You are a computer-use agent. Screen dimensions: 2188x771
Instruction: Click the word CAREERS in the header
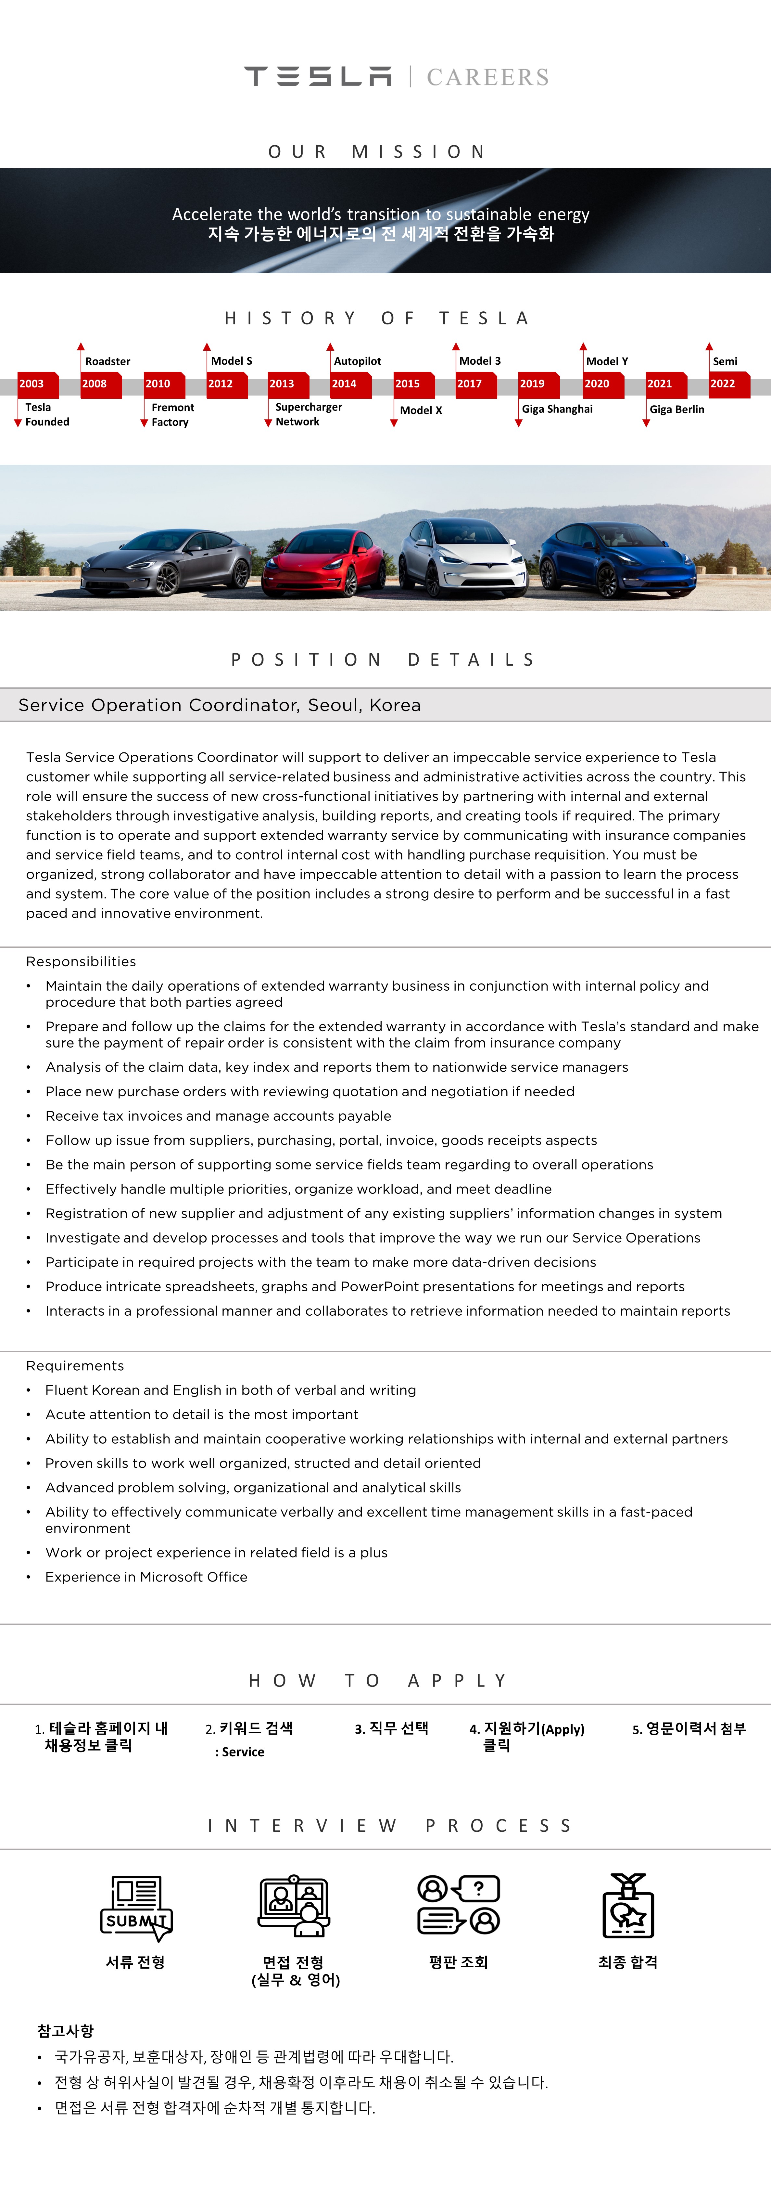point(487,77)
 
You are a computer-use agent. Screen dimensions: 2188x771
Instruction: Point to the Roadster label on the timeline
point(108,361)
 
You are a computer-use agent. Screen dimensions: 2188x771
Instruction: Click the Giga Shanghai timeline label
point(557,409)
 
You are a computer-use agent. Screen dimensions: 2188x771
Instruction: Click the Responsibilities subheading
point(81,961)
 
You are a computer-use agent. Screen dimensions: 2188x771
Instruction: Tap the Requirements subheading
point(75,1366)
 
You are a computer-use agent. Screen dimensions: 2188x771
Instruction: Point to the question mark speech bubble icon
point(478,1888)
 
